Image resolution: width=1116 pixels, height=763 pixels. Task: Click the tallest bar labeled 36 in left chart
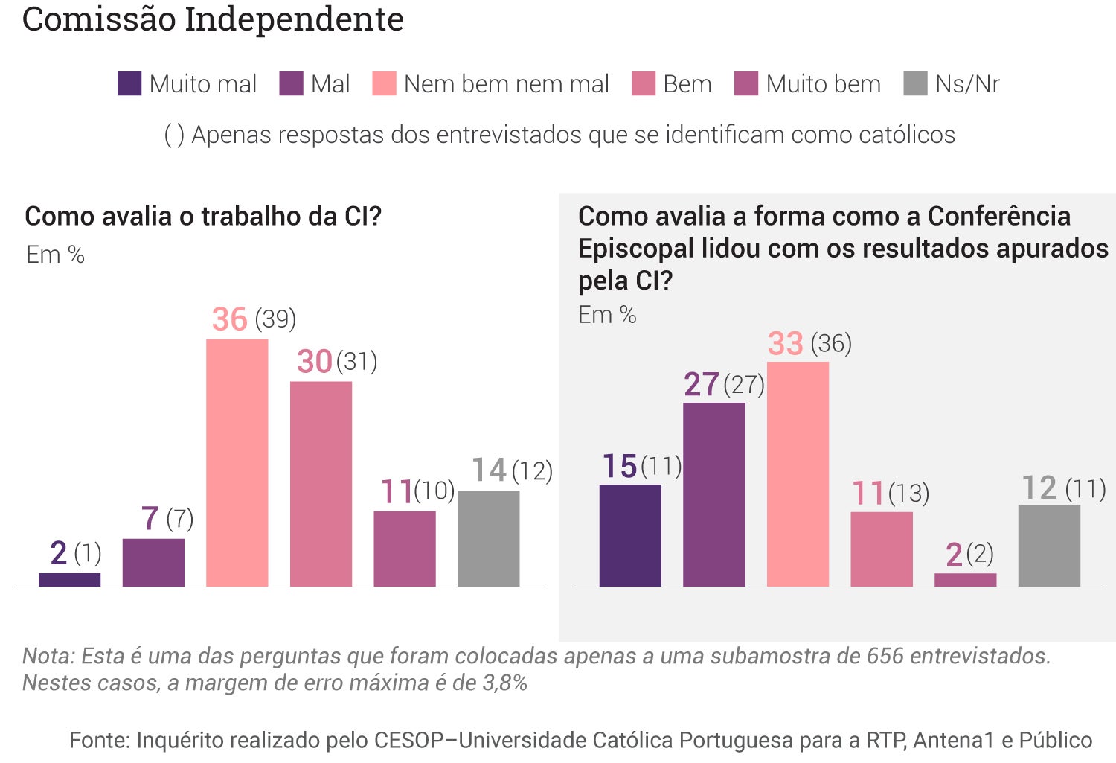point(237,462)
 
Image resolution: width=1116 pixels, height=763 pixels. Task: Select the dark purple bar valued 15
point(630,535)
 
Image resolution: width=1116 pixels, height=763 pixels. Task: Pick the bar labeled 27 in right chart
point(713,494)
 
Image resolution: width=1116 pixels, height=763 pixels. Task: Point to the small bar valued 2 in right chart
point(965,580)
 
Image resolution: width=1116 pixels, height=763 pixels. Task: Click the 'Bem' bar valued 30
point(321,484)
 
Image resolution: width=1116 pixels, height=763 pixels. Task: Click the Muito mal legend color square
point(129,83)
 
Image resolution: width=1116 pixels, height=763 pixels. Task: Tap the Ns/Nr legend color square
point(915,83)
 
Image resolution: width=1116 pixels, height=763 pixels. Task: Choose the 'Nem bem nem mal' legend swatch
point(384,83)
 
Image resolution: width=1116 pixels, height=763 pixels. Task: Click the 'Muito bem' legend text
point(823,84)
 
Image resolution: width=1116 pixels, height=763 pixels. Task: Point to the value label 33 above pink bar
point(786,344)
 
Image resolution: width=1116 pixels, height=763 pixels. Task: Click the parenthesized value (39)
point(275,319)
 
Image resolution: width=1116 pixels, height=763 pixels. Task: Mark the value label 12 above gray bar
point(1039,488)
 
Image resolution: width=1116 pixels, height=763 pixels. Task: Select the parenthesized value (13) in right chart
point(908,494)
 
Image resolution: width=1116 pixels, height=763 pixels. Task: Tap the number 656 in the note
point(885,656)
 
